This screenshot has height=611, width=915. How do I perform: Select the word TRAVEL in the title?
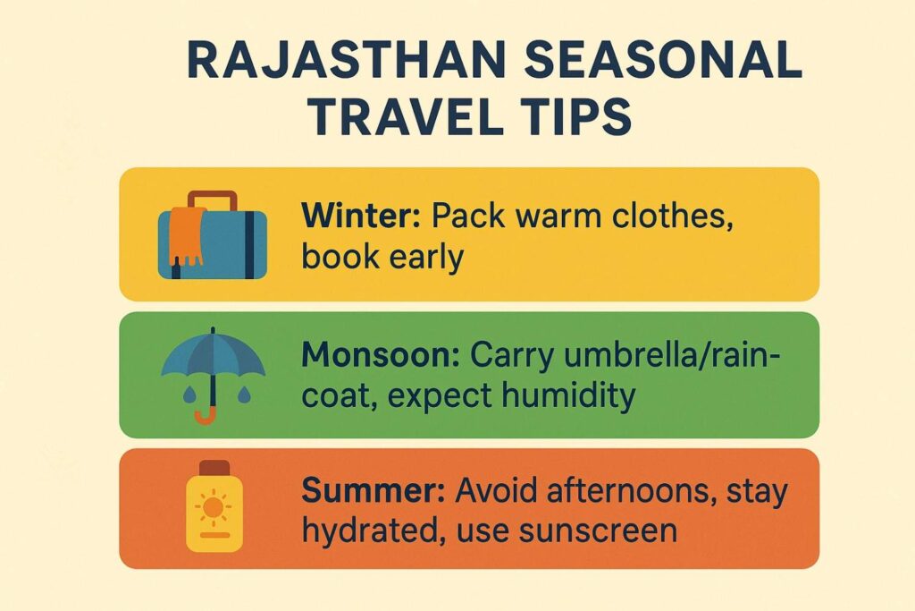pos(406,117)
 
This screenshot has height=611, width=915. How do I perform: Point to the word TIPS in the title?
pos(575,117)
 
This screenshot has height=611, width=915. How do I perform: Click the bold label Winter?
pos(361,216)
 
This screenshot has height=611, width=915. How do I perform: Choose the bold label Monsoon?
pos(381,355)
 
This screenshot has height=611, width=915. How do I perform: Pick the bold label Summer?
pos(374,490)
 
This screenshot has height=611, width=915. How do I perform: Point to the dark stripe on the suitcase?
pos(249,244)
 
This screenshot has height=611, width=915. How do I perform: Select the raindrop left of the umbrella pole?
pos(189,395)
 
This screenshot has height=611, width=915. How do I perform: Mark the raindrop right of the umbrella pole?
pos(244,395)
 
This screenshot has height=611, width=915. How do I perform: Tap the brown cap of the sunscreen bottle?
pos(214,468)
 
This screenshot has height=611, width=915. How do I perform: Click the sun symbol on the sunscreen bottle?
pos(213,507)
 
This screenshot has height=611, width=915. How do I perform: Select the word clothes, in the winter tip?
pos(673,216)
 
